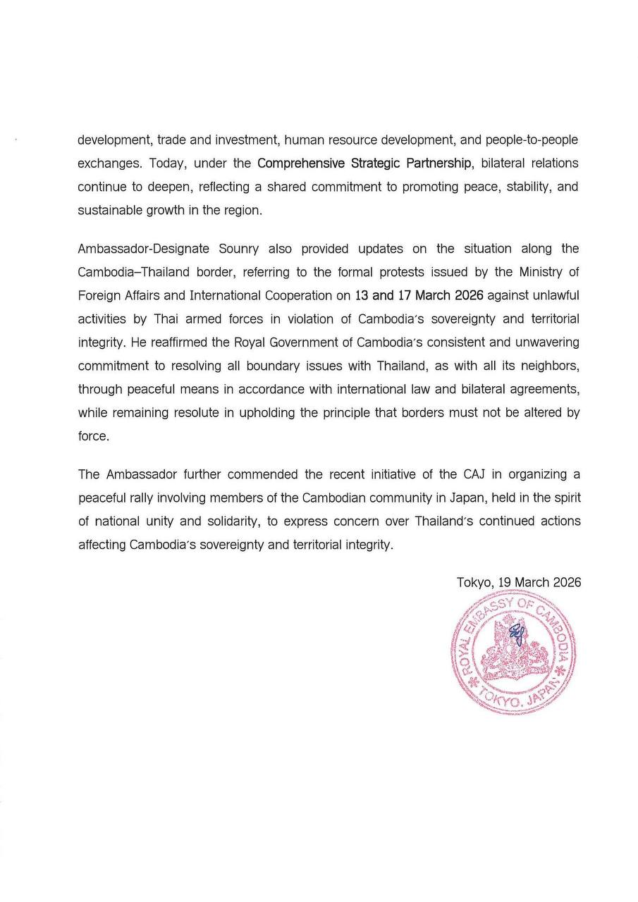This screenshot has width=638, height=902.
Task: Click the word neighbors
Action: click(546, 366)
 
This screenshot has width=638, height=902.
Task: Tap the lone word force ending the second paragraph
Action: click(93, 436)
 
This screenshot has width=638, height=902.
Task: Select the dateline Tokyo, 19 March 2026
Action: click(519, 583)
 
